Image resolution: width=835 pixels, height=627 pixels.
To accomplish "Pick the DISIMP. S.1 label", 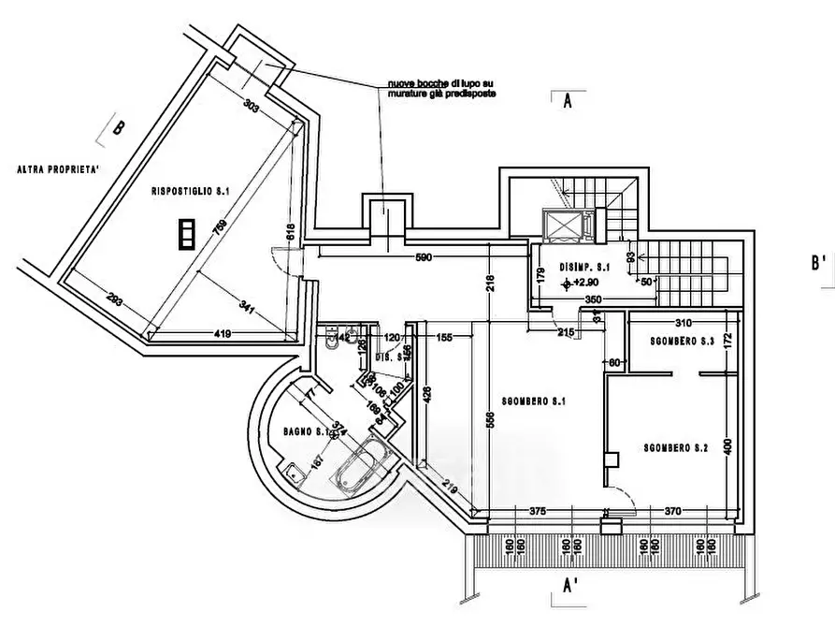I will click(584, 267).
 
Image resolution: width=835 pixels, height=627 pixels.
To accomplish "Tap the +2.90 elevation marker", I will click(582, 282).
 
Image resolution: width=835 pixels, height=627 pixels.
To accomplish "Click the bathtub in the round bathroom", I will click(359, 467).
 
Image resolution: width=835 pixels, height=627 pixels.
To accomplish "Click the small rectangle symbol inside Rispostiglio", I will click(188, 233).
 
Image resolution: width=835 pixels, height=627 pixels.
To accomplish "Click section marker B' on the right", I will click(819, 265).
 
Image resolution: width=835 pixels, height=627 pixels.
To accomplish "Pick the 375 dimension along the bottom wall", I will click(537, 511).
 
